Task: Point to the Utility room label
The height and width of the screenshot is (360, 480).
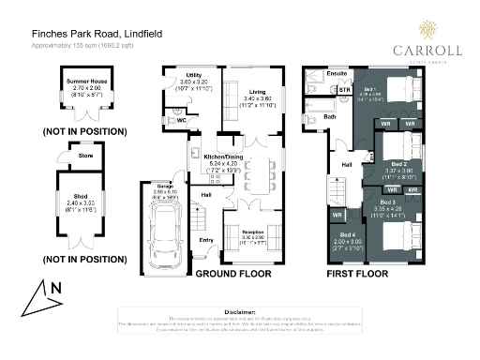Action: [194, 74]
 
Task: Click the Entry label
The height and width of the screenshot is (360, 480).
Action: [206, 240]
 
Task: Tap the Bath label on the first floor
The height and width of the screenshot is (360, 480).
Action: [329, 117]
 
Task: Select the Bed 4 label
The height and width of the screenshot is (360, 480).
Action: [347, 233]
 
